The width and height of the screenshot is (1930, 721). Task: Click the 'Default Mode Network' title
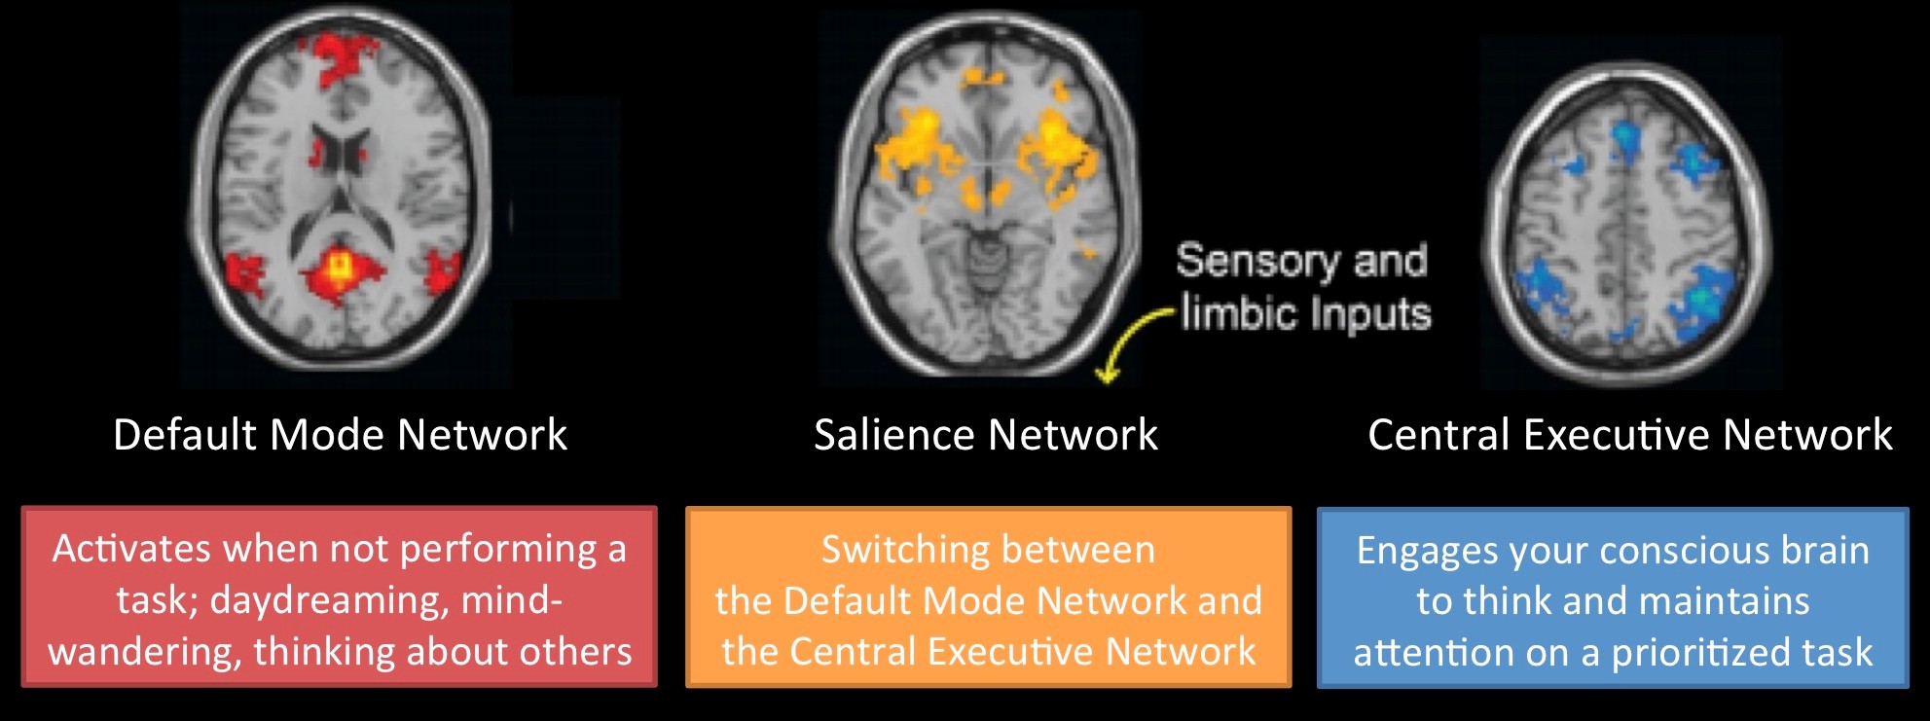tap(340, 435)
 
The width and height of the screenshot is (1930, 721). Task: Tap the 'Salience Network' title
tap(986, 435)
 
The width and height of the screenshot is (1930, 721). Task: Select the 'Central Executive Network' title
tap(1630, 435)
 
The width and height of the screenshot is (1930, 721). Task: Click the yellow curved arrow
tap(1129, 341)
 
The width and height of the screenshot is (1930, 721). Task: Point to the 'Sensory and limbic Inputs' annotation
tap(1303, 287)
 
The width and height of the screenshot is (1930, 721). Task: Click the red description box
tap(340, 596)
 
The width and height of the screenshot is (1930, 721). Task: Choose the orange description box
tap(988, 596)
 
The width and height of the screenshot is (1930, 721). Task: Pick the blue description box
tap(1613, 596)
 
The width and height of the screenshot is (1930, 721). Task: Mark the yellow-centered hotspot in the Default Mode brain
tap(339, 266)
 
